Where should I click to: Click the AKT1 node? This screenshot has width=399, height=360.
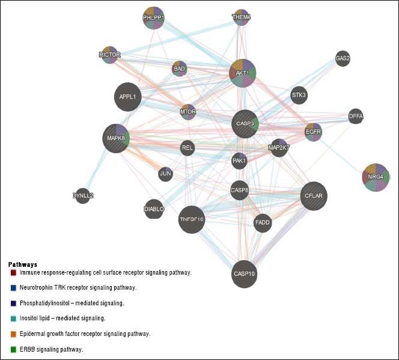click(x=243, y=73)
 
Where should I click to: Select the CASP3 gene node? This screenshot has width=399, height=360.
click(x=245, y=124)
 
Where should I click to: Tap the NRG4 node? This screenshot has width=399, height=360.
click(x=376, y=177)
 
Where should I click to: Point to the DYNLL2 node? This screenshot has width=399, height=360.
click(x=83, y=195)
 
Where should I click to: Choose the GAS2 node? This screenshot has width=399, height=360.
click(x=343, y=58)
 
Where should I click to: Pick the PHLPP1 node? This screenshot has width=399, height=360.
click(x=153, y=18)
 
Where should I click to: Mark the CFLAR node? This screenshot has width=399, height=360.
click(x=314, y=196)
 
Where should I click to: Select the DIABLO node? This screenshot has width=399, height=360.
click(x=154, y=209)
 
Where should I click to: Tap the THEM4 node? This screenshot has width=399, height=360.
click(x=241, y=17)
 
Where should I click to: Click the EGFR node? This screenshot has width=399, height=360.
click(x=313, y=131)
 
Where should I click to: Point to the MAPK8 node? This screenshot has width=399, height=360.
click(x=116, y=138)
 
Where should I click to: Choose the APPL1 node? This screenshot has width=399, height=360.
click(x=127, y=97)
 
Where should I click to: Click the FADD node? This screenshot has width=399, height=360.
click(x=263, y=223)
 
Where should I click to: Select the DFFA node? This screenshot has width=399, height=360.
click(x=356, y=116)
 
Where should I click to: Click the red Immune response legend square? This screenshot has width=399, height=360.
click(x=13, y=273)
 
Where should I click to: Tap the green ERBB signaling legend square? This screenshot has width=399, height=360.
click(x=13, y=349)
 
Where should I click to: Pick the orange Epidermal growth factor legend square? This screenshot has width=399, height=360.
click(x=13, y=334)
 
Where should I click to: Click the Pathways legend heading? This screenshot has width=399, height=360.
click(x=23, y=264)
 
